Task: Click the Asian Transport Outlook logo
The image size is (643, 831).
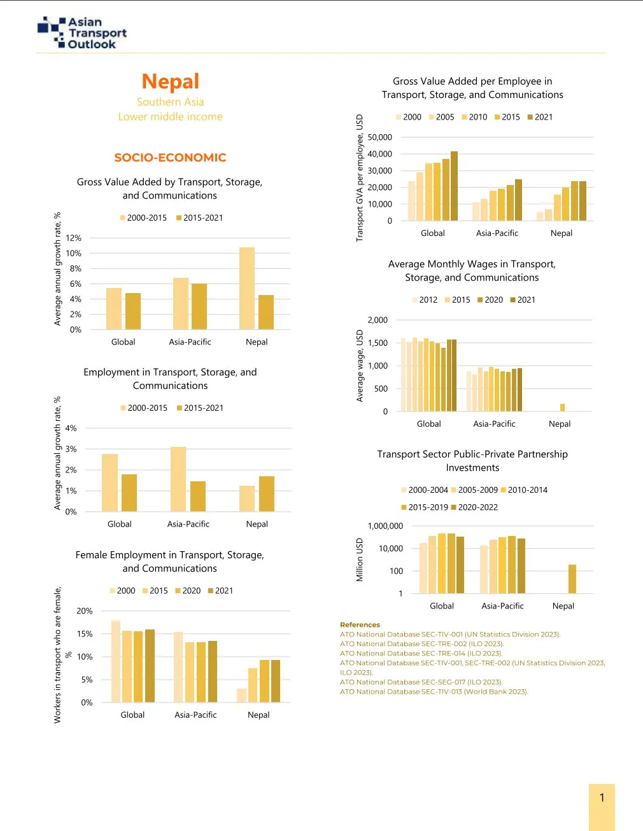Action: [x=82, y=33]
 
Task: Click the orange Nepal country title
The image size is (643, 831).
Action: [x=170, y=81]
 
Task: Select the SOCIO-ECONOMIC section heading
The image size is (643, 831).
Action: [x=170, y=158]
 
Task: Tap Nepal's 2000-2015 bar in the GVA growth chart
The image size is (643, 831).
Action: [x=247, y=289]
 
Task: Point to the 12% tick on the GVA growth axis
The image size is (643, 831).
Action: [x=74, y=238]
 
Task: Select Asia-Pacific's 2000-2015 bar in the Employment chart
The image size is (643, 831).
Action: [x=178, y=479]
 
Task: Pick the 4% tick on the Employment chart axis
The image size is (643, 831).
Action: [x=71, y=429]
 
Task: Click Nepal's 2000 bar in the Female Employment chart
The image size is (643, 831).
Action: [x=241, y=695]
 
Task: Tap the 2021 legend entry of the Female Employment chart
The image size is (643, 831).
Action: [x=220, y=591]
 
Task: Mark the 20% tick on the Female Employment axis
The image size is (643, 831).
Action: [x=85, y=611]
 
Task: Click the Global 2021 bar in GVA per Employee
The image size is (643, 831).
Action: [x=454, y=186]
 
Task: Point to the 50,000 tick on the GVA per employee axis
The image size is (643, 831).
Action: [x=379, y=137]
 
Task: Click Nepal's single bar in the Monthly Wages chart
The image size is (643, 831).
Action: [x=562, y=408]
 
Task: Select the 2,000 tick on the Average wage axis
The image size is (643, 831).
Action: [x=378, y=320]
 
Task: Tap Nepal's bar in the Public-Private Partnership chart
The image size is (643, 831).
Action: [x=572, y=579]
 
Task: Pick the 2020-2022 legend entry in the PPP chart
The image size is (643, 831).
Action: [x=474, y=507]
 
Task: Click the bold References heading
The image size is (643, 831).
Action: [x=360, y=625]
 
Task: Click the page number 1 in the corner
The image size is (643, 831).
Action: [x=602, y=798]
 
